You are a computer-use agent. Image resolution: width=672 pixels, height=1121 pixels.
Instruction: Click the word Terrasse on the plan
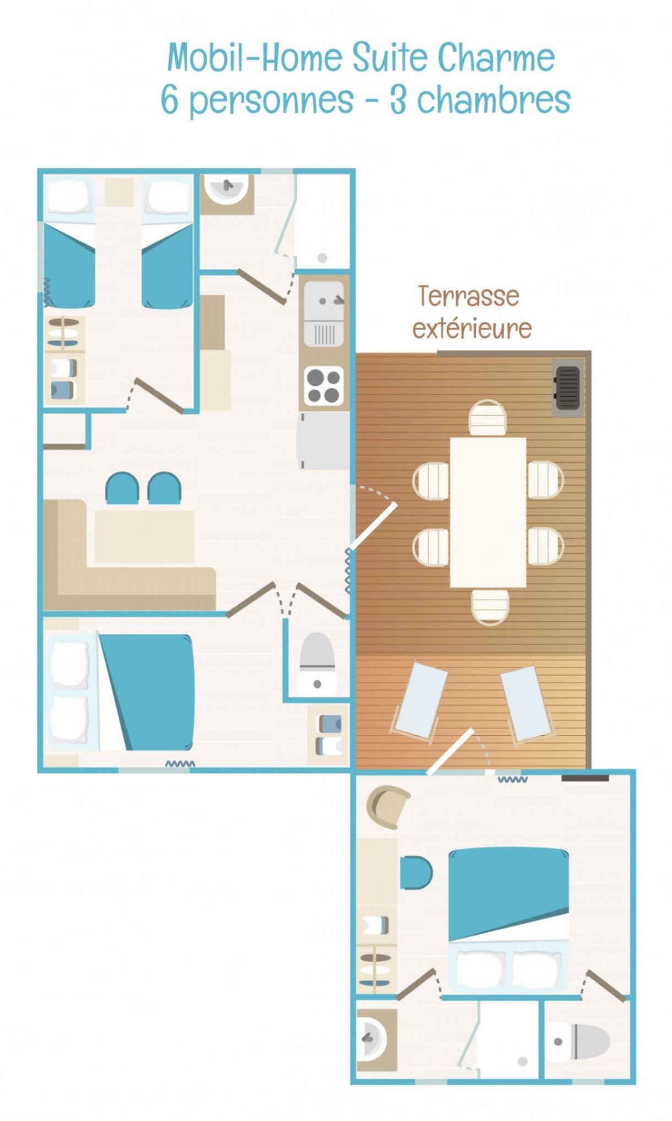pyautogui.click(x=468, y=296)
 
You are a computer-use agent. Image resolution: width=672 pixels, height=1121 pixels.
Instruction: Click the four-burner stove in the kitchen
pyautogui.click(x=323, y=385)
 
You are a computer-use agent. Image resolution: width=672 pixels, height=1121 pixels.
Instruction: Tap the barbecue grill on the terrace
pyautogui.click(x=567, y=388)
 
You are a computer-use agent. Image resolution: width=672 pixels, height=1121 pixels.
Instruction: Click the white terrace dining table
pyautogui.click(x=488, y=512)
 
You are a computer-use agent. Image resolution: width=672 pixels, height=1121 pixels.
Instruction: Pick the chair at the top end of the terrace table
pyautogui.click(x=488, y=418)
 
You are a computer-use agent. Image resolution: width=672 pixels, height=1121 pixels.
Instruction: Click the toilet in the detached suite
pyautogui.click(x=578, y=1041)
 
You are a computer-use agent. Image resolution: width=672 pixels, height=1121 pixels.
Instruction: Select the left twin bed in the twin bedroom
pyautogui.click(x=69, y=243)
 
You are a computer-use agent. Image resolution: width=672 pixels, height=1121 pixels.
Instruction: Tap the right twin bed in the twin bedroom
pyautogui.click(x=167, y=243)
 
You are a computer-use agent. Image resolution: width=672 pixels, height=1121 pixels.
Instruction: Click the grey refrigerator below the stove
pyautogui.click(x=324, y=441)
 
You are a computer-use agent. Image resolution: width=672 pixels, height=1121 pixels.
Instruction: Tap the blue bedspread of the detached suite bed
pyautogui.click(x=508, y=893)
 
